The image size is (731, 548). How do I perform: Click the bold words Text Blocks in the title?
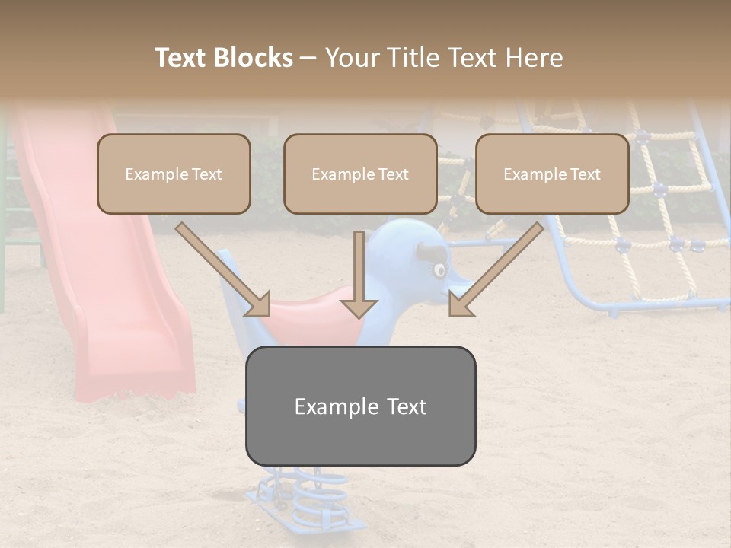[224, 58]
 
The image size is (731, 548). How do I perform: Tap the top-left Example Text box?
[174, 174]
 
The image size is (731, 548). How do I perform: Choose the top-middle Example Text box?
[360, 174]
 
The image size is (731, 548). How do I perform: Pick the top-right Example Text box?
[552, 174]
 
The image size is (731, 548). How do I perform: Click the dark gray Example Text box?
[360, 406]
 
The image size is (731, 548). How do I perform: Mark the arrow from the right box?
[497, 269]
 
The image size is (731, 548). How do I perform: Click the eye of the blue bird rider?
[439, 269]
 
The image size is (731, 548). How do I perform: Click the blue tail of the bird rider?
[232, 285]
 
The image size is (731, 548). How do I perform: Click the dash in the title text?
[308, 59]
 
